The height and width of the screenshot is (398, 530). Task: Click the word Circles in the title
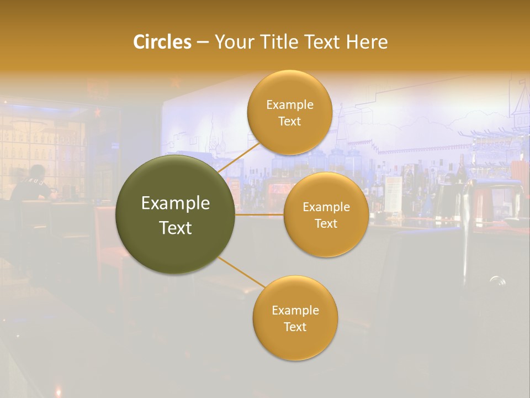[x=162, y=42]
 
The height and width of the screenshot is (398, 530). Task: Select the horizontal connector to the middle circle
[x=259, y=214]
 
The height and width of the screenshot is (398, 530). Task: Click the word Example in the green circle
[x=176, y=203]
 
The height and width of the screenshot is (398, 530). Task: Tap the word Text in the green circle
[x=176, y=228]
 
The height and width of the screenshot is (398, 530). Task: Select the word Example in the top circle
[x=289, y=105]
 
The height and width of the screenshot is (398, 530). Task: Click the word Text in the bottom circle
[x=295, y=327]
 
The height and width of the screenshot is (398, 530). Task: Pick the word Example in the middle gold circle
[x=326, y=207]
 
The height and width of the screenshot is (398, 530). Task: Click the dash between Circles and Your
[x=203, y=43]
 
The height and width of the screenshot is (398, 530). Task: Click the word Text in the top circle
[x=289, y=121]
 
